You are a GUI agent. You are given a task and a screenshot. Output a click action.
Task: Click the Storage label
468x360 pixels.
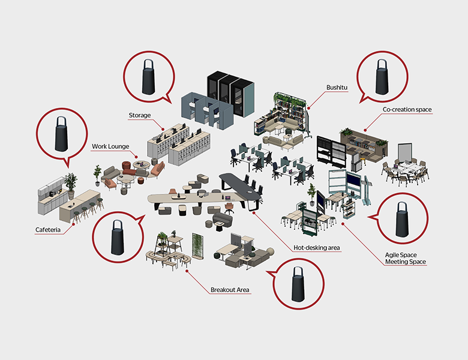click(140, 115)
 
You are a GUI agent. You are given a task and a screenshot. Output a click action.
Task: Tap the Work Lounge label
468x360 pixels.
click(110, 146)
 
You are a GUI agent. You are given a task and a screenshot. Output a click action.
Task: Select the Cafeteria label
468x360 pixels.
click(48, 230)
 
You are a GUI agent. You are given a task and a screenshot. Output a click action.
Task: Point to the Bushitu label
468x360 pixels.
click(337, 88)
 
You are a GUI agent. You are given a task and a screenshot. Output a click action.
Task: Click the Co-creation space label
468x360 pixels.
click(407, 110)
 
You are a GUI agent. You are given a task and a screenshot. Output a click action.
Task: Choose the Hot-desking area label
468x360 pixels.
click(317, 247)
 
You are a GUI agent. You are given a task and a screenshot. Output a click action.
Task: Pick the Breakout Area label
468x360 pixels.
click(230, 290)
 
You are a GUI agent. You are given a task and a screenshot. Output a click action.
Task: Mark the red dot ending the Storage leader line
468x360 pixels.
click(163, 129)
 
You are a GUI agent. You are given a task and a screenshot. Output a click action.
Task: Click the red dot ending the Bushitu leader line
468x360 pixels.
click(308, 108)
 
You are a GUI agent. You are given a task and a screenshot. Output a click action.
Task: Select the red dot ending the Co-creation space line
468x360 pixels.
click(365, 130)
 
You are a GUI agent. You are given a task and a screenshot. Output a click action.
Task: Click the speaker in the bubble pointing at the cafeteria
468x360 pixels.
click(61, 134)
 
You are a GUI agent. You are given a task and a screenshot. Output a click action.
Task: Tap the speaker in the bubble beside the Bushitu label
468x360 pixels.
click(382, 77)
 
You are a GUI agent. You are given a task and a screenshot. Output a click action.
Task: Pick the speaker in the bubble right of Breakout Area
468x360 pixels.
click(298, 284)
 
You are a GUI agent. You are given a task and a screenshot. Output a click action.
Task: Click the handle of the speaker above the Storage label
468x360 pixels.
click(148, 64)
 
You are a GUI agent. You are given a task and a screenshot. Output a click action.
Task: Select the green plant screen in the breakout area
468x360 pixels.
click(197, 246)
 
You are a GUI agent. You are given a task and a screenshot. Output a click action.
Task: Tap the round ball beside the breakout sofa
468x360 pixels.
click(271, 251)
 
